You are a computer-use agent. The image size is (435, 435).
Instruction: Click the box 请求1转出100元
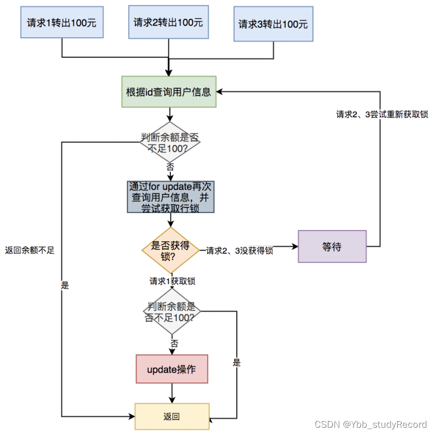pyautogui.click(x=62, y=22)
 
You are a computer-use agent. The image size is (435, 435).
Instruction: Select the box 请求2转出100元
pyautogui.click(x=168, y=22)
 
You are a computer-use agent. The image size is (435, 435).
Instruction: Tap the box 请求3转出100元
pyautogui.click(x=273, y=24)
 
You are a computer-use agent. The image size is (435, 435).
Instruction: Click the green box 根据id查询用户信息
pyautogui.click(x=169, y=92)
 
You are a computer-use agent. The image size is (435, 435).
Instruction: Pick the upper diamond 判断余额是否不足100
pyautogui.click(x=169, y=143)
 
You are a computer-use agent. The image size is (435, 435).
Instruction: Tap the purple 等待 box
pyautogui.click(x=332, y=246)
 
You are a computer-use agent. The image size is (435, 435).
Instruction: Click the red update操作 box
pyautogui.click(x=171, y=369)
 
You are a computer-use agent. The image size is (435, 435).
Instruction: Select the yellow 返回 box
pyautogui.click(x=171, y=417)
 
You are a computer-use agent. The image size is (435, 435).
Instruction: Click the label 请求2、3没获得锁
pyautogui.click(x=239, y=251)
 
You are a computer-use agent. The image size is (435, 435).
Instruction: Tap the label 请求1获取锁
pyautogui.click(x=172, y=281)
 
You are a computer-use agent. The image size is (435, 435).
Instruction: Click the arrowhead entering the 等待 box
pyautogui.click(x=295, y=246)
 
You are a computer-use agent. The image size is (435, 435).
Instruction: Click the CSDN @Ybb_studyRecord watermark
pyautogui.click(x=371, y=424)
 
